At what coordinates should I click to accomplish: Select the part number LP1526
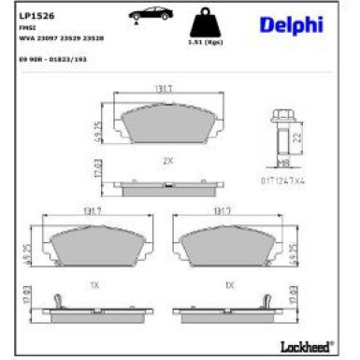coord(34,15)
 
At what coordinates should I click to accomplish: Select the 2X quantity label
coord(167,161)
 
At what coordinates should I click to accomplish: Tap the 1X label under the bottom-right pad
coord(227,283)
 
